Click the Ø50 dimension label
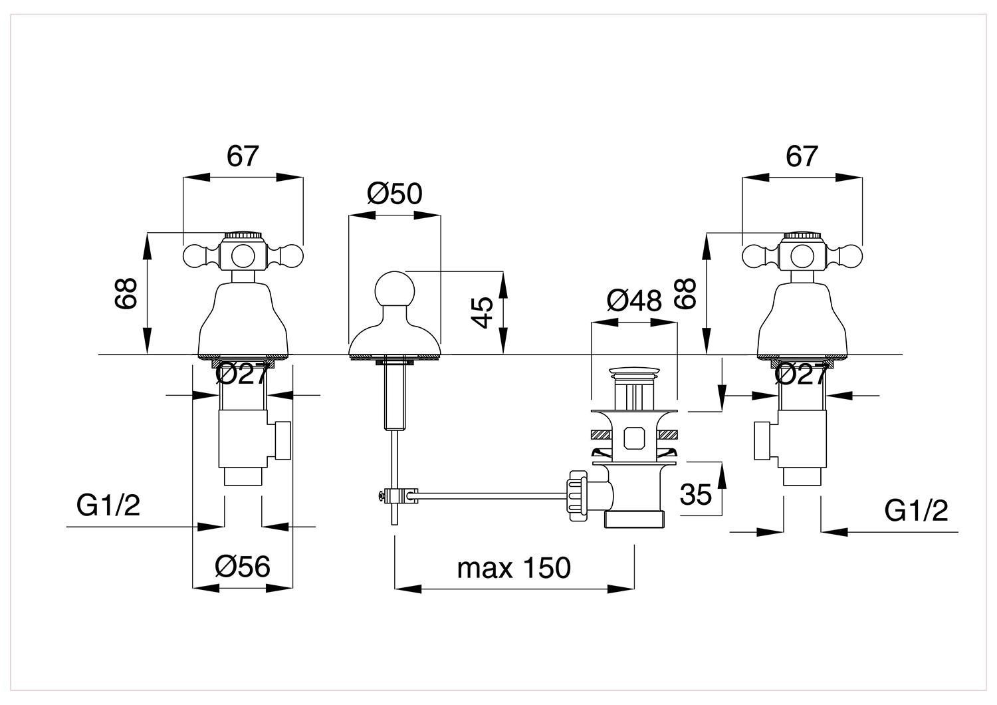click(x=394, y=194)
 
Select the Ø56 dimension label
click(x=242, y=567)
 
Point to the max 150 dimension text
click(x=514, y=568)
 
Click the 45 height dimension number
click(x=482, y=313)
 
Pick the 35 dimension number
click(x=696, y=494)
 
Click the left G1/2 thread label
click(x=108, y=505)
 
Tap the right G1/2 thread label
click(x=916, y=510)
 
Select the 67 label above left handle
click(x=243, y=156)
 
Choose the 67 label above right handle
click(x=802, y=156)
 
